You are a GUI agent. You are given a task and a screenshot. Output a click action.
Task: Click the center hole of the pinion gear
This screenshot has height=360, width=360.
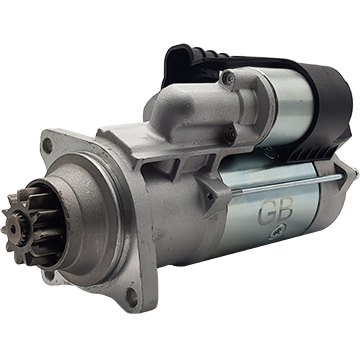click(x=13, y=228)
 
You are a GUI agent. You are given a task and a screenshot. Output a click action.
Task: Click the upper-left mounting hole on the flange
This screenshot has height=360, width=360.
click(x=48, y=146)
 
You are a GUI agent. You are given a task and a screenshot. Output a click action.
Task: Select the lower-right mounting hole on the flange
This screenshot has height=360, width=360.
click(x=131, y=297)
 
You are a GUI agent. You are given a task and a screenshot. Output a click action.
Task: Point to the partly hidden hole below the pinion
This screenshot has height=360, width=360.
click(x=49, y=275)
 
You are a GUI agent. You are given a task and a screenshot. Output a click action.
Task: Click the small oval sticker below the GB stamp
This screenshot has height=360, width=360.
click(x=276, y=234)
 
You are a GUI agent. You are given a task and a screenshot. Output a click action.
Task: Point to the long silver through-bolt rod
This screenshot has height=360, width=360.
click(x=287, y=184)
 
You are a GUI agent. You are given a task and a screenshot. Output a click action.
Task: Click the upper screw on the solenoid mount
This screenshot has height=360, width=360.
click(x=229, y=79)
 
